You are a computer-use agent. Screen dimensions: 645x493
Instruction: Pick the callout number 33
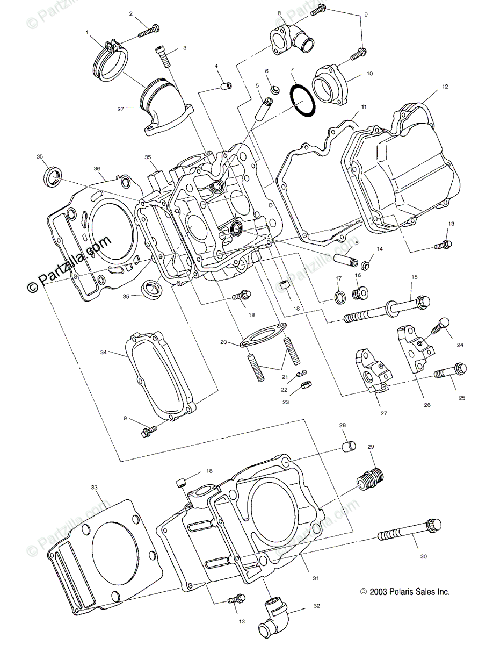tap(94, 487)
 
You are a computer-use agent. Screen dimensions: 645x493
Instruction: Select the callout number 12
tap(445, 87)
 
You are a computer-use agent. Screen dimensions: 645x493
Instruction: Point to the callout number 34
tap(104, 353)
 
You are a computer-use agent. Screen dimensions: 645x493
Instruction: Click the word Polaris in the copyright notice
tap(404, 592)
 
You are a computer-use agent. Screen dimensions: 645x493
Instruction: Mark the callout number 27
tap(384, 413)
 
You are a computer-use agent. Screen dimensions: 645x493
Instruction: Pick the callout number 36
tap(97, 168)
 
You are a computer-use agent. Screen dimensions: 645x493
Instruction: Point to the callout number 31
tap(316, 578)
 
